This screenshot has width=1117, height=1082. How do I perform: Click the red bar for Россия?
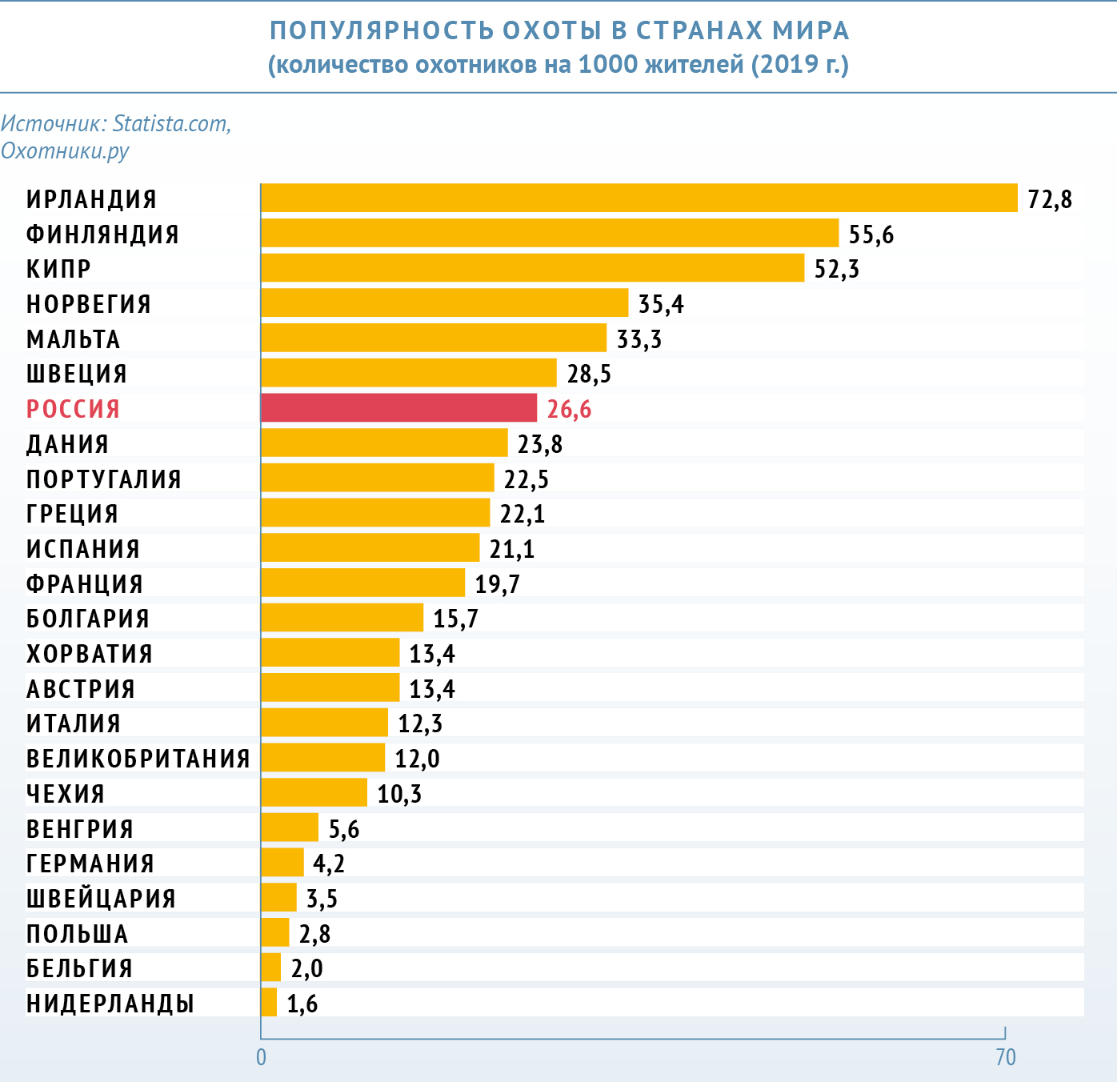(x=398, y=407)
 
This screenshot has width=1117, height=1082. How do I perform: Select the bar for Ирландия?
(x=639, y=198)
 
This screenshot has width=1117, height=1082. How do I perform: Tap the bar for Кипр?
(x=532, y=267)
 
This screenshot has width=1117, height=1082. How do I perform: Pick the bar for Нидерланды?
(x=269, y=1002)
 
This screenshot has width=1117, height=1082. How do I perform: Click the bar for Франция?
(x=362, y=583)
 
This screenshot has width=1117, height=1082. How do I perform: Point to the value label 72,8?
(x=1049, y=198)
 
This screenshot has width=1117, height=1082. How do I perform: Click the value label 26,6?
(x=569, y=409)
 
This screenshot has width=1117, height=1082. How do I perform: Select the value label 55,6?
(x=871, y=234)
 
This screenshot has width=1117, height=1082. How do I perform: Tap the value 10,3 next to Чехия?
(x=399, y=793)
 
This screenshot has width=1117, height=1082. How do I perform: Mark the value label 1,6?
(x=302, y=1003)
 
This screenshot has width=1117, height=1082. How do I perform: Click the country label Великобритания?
(x=138, y=758)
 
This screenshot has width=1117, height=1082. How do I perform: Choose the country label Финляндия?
(x=102, y=234)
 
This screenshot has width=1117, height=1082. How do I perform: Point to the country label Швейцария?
(x=101, y=898)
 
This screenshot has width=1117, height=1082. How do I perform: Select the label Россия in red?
(x=73, y=409)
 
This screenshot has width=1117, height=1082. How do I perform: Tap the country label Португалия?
(x=104, y=479)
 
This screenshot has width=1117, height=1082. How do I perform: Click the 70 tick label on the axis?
(x=1005, y=1057)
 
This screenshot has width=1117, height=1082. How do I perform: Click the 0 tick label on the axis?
(x=261, y=1057)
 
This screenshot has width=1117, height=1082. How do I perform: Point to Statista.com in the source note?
(x=171, y=123)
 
